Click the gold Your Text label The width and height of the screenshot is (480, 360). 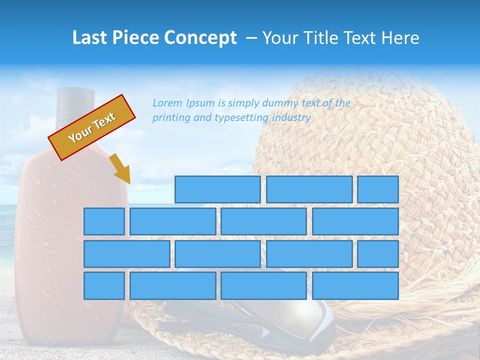pos(92,127)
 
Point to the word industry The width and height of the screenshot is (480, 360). pos(291,118)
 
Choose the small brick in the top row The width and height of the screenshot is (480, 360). pos(377,189)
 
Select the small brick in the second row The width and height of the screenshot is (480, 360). pos(104,221)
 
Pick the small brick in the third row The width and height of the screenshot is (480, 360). pos(377,254)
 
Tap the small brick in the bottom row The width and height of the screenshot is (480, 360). pos(104,286)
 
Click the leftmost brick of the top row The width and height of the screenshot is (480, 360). pos(217,189)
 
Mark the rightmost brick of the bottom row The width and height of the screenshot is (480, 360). pos(355,286)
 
